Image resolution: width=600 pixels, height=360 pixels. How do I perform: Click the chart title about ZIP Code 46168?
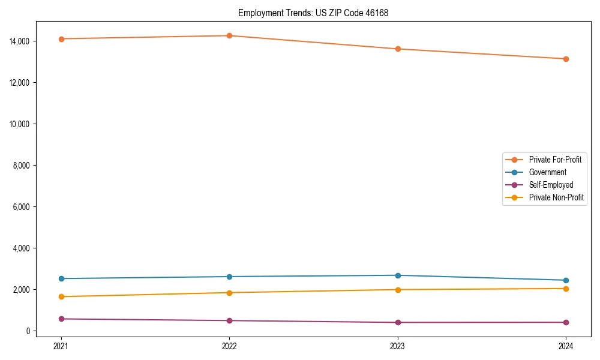click(x=313, y=13)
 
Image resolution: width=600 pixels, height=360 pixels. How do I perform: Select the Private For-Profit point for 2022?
click(x=229, y=35)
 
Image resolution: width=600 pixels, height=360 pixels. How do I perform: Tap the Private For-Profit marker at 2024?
click(x=566, y=59)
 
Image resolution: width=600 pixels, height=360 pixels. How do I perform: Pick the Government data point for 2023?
click(x=397, y=275)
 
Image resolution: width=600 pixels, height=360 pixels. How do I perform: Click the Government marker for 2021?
click(x=61, y=278)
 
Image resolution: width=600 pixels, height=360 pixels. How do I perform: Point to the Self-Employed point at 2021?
click(x=61, y=319)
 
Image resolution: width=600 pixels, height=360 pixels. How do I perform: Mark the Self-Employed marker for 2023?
click(x=397, y=322)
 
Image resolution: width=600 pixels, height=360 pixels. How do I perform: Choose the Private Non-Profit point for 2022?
click(x=229, y=293)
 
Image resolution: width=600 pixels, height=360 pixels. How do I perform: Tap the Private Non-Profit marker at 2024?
click(x=566, y=289)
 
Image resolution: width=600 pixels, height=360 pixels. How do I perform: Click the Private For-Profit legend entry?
click(x=554, y=160)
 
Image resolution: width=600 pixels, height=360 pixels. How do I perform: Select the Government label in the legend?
click(x=547, y=172)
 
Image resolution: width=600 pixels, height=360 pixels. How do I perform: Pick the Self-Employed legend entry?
click(x=551, y=185)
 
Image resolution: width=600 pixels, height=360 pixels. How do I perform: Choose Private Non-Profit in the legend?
click(x=556, y=197)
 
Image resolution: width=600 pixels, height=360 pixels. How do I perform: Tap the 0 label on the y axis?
click(x=28, y=331)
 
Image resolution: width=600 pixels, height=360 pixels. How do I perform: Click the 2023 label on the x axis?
click(x=397, y=346)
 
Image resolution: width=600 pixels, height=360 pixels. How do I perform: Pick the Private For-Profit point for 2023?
click(x=397, y=49)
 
